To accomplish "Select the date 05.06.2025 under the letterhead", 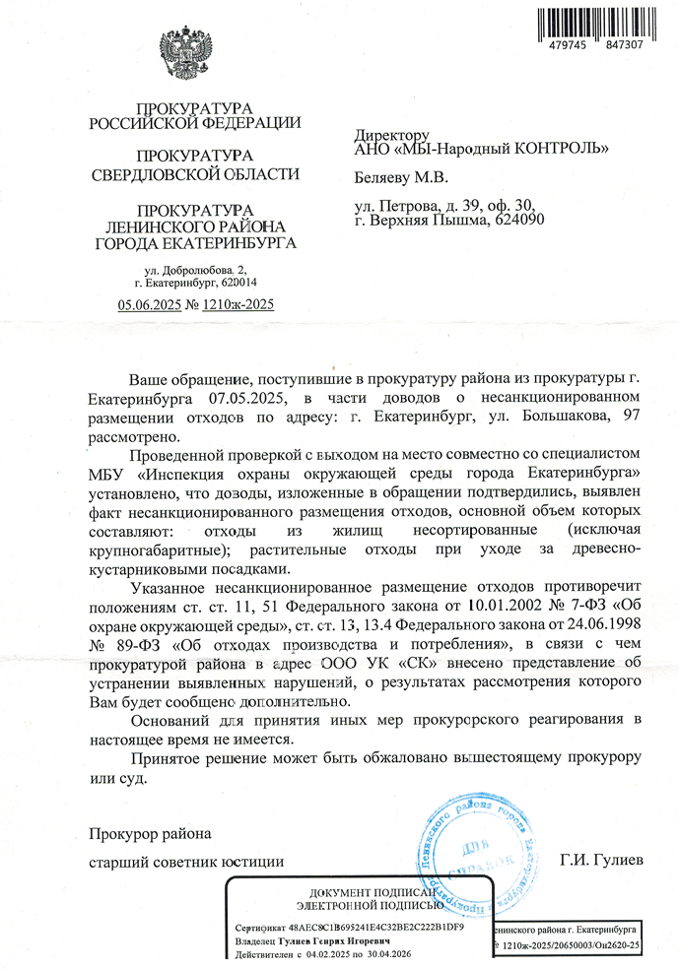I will [150, 304].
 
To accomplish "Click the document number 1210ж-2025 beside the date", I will [238, 304].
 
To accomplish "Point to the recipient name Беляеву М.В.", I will [400, 177].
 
